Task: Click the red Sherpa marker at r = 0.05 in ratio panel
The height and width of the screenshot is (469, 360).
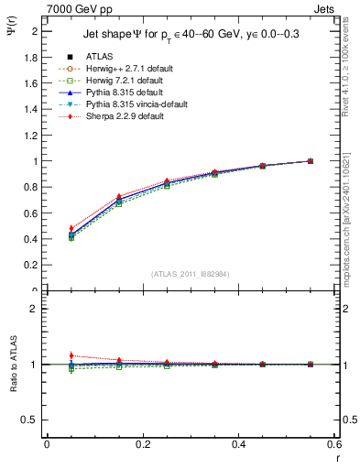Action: [71, 355]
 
